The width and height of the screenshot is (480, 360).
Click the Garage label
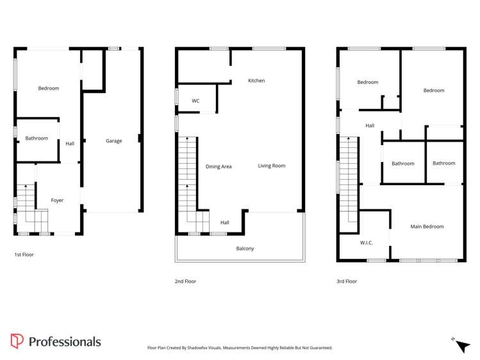113,141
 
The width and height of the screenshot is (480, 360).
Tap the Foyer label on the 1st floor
57,200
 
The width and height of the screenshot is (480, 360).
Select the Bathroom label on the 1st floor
37,138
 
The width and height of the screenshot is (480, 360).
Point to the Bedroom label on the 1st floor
48,88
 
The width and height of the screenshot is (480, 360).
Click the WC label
195,101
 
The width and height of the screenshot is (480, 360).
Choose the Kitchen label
256,81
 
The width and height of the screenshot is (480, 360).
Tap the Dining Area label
219,167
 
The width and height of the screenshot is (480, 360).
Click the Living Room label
272,166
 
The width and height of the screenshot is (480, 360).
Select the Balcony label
245,249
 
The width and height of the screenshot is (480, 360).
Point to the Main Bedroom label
427,227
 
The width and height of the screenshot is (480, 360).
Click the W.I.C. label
367,242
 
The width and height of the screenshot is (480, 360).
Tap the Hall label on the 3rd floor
370,126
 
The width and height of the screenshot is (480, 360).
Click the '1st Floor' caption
24,254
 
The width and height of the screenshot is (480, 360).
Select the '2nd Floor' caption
185,281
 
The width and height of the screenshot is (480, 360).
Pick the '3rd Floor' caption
346,281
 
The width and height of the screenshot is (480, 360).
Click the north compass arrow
462,346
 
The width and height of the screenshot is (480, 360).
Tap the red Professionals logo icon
17,341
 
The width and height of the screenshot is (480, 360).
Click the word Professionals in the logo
65,342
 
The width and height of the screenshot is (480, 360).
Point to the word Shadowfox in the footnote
208,348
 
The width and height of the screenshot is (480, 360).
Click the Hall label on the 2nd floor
225,223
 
